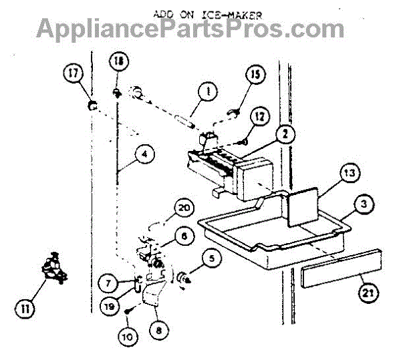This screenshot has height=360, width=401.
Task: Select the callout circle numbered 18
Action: pyautogui.click(x=118, y=62)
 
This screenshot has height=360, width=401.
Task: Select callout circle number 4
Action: pyautogui.click(x=143, y=153)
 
